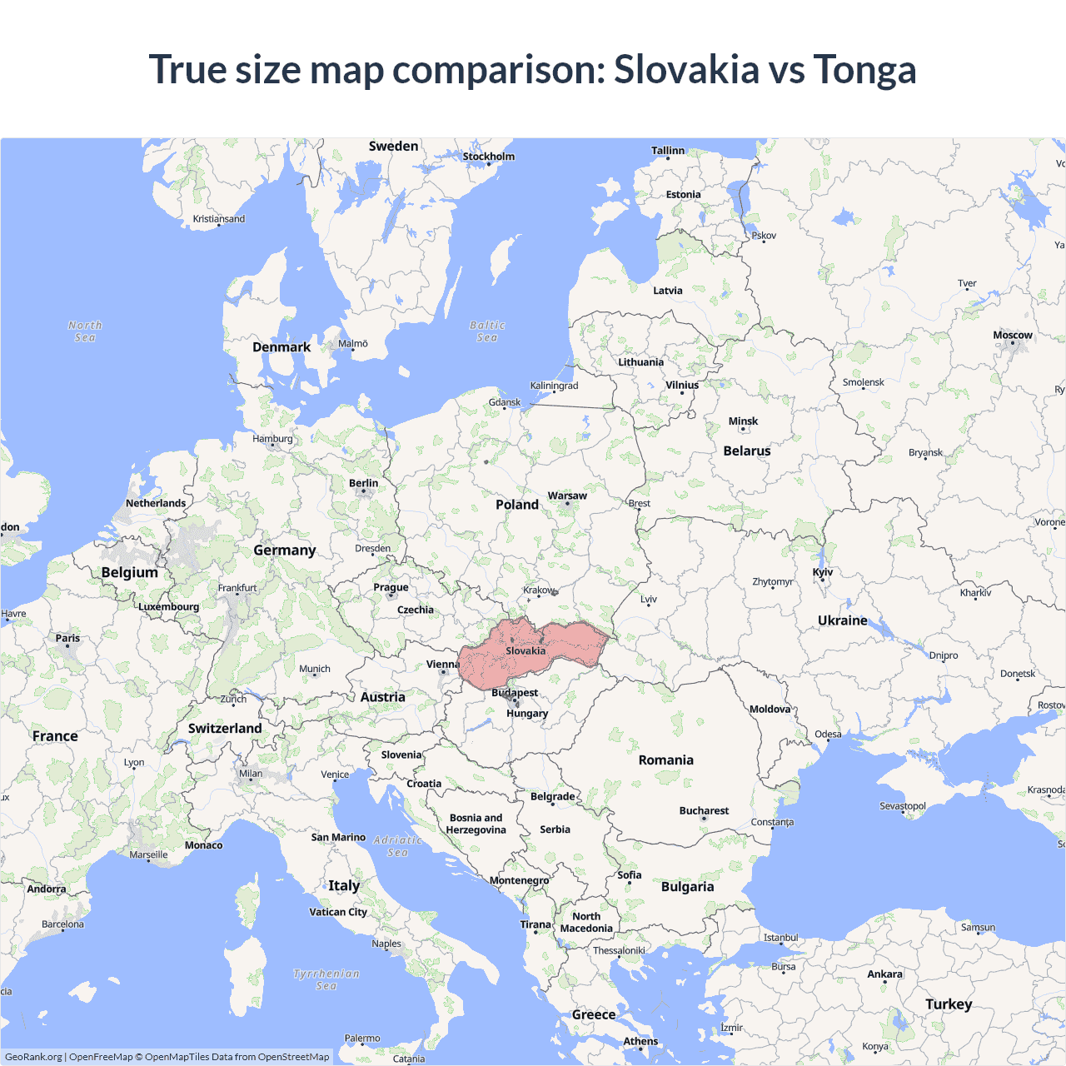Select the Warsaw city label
coord(567,496)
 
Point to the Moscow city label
coord(1012,335)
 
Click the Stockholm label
coord(489,157)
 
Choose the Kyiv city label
coord(823,572)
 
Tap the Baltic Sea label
coord(487,331)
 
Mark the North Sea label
coord(85,331)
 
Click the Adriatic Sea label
coord(398,846)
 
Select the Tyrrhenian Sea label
coord(326,979)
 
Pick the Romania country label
coord(665,760)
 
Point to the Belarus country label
coord(746,451)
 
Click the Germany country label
coord(285,550)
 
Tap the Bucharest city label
coord(704,810)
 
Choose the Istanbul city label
coord(780,938)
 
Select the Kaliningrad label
coord(554,386)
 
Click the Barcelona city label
coord(63,924)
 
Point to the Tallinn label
coord(668,151)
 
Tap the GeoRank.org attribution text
coord(33,1057)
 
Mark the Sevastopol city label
coord(903,806)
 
